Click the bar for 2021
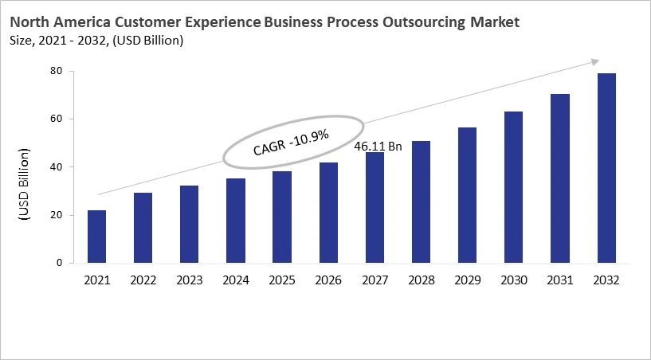click(x=96, y=237)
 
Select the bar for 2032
click(x=606, y=168)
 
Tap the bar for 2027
click(x=375, y=208)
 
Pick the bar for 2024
click(x=236, y=221)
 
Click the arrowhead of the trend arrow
click(x=594, y=61)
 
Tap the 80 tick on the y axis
click(x=57, y=72)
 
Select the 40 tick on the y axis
click(x=57, y=167)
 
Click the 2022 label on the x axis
click(x=143, y=280)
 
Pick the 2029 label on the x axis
click(x=468, y=280)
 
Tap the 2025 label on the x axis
click(x=282, y=280)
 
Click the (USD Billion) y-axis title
click(x=23, y=185)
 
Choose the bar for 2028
click(x=422, y=202)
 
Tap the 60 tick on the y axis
click(x=57, y=119)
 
